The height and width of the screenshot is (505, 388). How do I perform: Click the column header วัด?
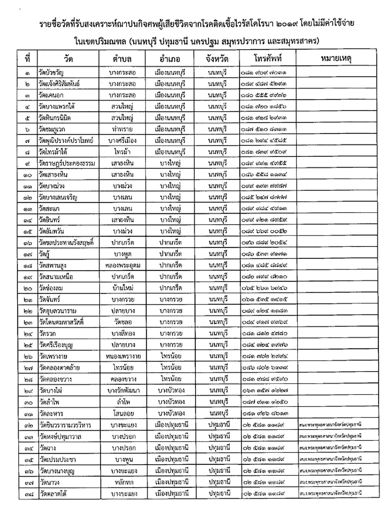click(x=68, y=59)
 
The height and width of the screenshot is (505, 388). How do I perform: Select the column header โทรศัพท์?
click(x=267, y=58)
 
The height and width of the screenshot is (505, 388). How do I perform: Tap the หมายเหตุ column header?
click(x=336, y=58)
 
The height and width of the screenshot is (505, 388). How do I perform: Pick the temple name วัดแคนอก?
click(x=51, y=95)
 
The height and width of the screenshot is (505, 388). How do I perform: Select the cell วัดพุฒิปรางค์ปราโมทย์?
click(x=66, y=141)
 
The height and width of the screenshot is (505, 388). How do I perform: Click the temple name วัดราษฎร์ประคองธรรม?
click(x=67, y=164)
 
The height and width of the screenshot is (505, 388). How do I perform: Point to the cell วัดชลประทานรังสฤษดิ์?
click(x=66, y=243)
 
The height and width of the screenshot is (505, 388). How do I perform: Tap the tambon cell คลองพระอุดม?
click(x=122, y=266)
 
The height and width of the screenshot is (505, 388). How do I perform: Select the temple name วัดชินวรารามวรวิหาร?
click(x=65, y=425)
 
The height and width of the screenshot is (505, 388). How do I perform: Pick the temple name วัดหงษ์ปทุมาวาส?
click(x=60, y=436)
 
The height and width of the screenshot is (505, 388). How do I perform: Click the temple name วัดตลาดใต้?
click(x=53, y=494)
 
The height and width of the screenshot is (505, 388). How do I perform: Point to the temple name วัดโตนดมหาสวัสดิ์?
click(x=61, y=322)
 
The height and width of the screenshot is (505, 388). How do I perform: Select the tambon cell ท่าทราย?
click(x=122, y=129)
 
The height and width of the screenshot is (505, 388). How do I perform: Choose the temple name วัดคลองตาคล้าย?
click(x=59, y=368)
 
